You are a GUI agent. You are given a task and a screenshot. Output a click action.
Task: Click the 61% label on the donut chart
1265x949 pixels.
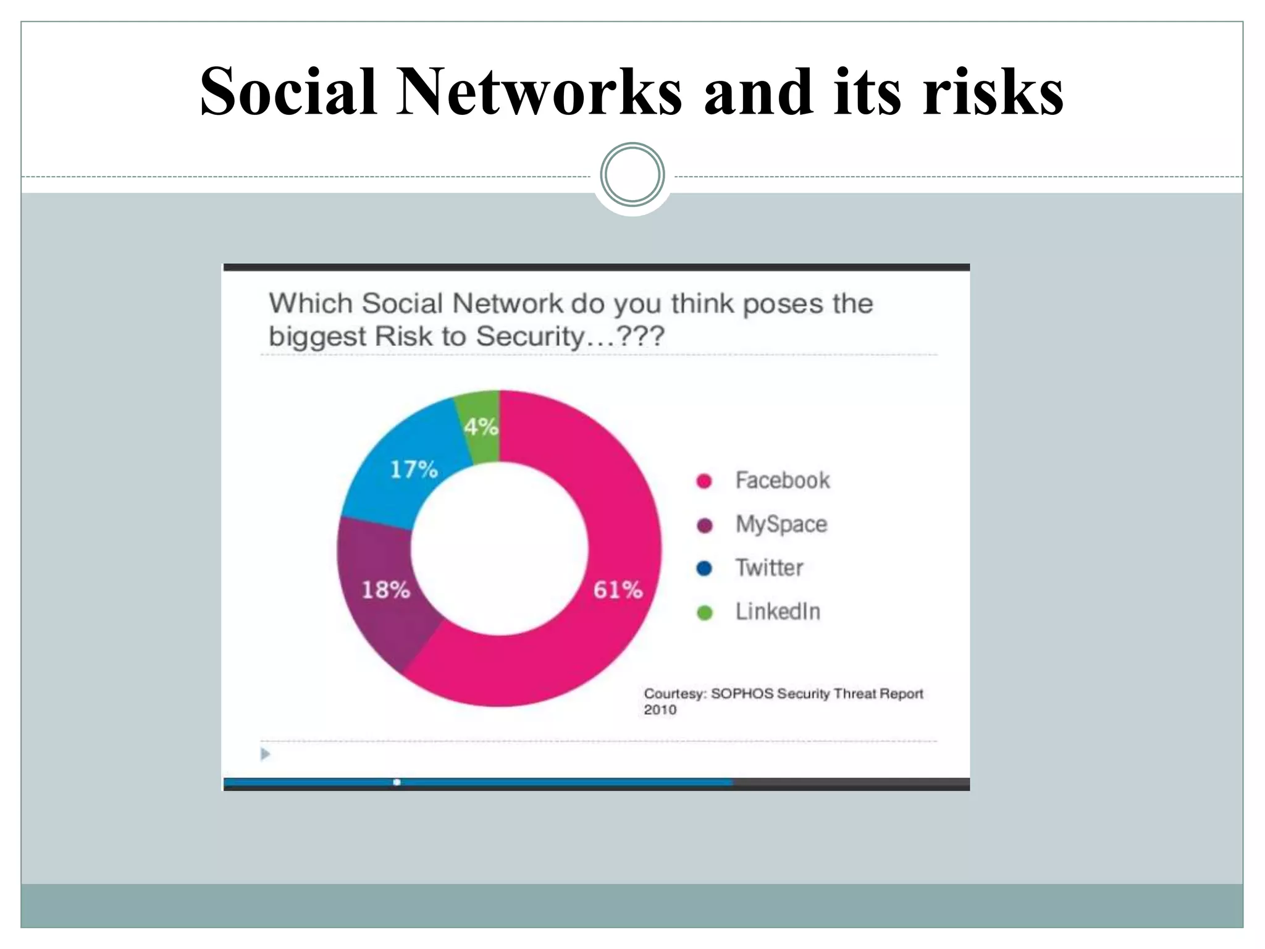[x=618, y=589]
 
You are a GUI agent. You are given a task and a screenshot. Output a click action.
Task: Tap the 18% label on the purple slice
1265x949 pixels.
[x=385, y=589]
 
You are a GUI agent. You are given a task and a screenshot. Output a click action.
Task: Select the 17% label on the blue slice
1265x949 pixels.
[x=413, y=470]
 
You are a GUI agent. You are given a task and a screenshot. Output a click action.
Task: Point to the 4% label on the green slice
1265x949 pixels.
[x=481, y=426]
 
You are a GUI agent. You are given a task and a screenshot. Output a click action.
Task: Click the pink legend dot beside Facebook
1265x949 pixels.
[x=704, y=481]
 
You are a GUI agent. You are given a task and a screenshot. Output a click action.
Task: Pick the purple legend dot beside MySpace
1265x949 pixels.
[x=704, y=525]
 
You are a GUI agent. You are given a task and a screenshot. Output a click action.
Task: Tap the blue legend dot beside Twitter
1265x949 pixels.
[x=704, y=568]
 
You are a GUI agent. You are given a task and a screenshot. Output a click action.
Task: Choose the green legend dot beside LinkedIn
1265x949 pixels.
[x=704, y=612]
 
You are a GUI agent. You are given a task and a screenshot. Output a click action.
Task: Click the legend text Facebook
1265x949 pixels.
[x=782, y=481]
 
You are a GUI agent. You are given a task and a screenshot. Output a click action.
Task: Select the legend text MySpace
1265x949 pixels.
[x=781, y=525]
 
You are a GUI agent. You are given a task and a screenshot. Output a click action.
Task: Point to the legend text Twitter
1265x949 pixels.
[x=769, y=568]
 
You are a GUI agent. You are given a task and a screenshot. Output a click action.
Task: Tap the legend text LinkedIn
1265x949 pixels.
[x=778, y=612]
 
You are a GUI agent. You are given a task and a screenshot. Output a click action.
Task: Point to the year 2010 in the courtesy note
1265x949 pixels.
[x=660, y=709]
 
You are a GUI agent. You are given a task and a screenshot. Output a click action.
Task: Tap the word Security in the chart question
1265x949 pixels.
[x=529, y=337]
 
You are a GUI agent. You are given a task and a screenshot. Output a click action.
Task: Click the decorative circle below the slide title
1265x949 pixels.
[x=632, y=175]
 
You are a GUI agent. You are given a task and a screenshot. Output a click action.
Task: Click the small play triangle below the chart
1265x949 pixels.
[x=266, y=754]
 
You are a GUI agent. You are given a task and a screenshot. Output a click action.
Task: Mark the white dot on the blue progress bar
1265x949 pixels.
[x=397, y=782]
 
